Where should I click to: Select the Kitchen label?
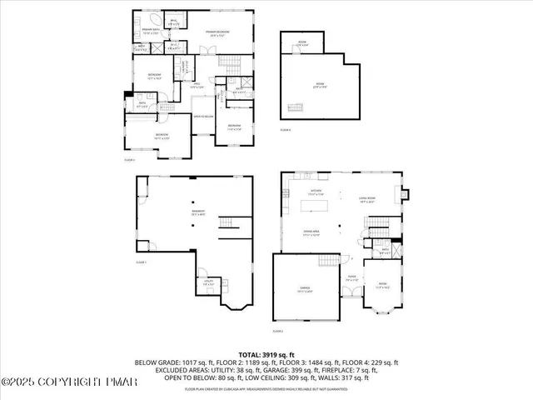pyautogui.click(x=317, y=192)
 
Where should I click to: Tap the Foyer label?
pyautogui.click(x=352, y=279)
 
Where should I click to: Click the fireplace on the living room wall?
pyautogui.click(x=404, y=197)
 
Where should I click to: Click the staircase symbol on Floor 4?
pyautogui.click(x=294, y=107)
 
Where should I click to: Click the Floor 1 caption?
pyautogui.click(x=141, y=262)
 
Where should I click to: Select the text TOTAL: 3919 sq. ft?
pyautogui.click(x=266, y=353)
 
